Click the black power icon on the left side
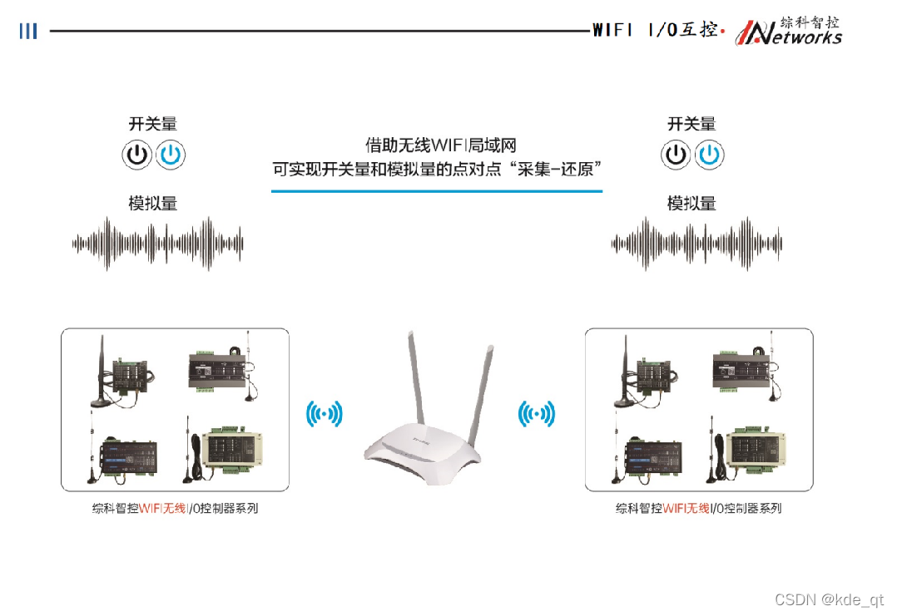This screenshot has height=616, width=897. [x=137, y=155]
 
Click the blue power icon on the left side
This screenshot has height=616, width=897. [x=171, y=155]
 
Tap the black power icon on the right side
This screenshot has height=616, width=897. [x=676, y=155]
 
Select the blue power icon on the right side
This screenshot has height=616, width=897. [x=709, y=155]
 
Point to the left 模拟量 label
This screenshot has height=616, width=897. [x=153, y=204]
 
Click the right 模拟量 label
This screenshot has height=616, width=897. [x=691, y=204]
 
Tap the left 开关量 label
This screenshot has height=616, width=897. [x=153, y=124]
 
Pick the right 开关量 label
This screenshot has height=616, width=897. [x=691, y=124]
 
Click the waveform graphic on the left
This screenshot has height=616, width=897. [x=157, y=243]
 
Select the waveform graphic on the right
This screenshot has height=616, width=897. [x=696, y=243]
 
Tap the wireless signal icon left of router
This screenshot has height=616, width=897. [x=325, y=413]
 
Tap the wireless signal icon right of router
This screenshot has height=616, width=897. [x=537, y=413]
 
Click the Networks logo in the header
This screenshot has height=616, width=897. [x=790, y=31]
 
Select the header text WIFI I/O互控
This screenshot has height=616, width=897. [x=655, y=30]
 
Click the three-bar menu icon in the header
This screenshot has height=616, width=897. [x=28, y=31]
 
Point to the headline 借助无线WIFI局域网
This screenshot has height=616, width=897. [x=436, y=146]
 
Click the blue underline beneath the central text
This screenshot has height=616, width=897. [x=436, y=191]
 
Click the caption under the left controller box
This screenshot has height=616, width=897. [x=175, y=508]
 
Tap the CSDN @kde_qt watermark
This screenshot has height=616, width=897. [x=829, y=599]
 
